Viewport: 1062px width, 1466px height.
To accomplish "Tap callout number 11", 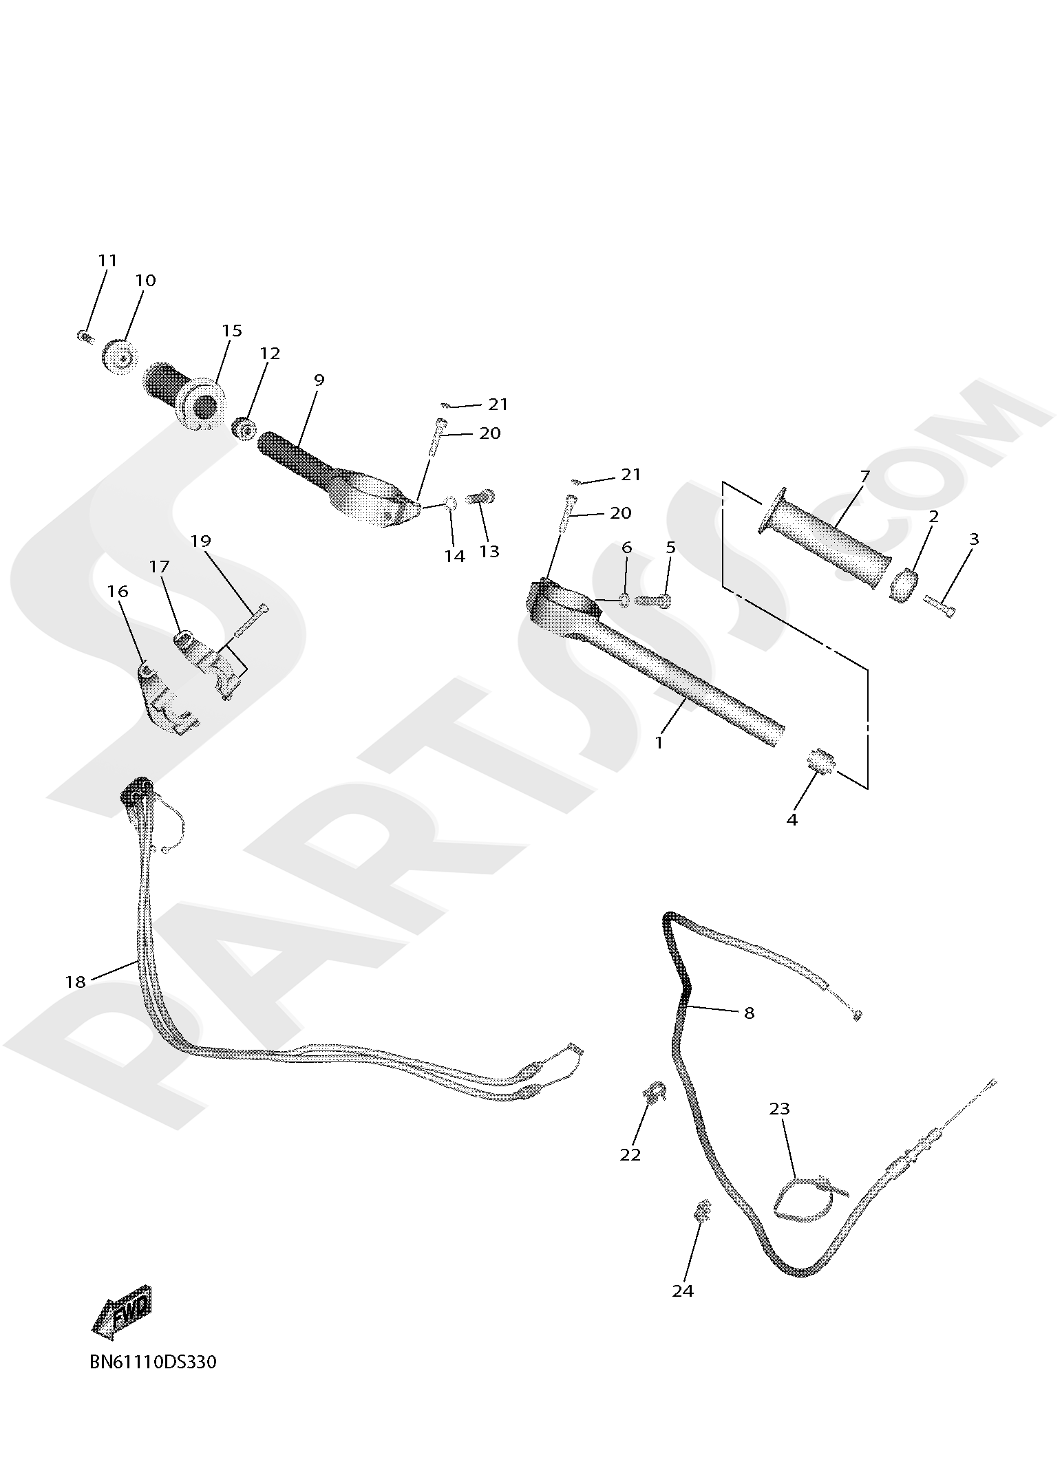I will coord(107,261).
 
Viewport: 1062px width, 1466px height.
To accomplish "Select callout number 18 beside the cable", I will coord(75,982).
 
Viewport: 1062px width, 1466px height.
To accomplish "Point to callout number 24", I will coord(683,1291).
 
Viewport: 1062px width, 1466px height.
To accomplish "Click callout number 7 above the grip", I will coord(864,476).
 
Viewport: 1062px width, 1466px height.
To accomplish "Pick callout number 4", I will coord(792,819).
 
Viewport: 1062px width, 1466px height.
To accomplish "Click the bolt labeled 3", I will coord(940,607).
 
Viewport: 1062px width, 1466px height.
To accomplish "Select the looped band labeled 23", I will coord(802,1201).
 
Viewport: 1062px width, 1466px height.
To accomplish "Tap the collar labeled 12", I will coord(244,429).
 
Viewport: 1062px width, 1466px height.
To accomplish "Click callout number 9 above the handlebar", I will coord(318,380).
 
